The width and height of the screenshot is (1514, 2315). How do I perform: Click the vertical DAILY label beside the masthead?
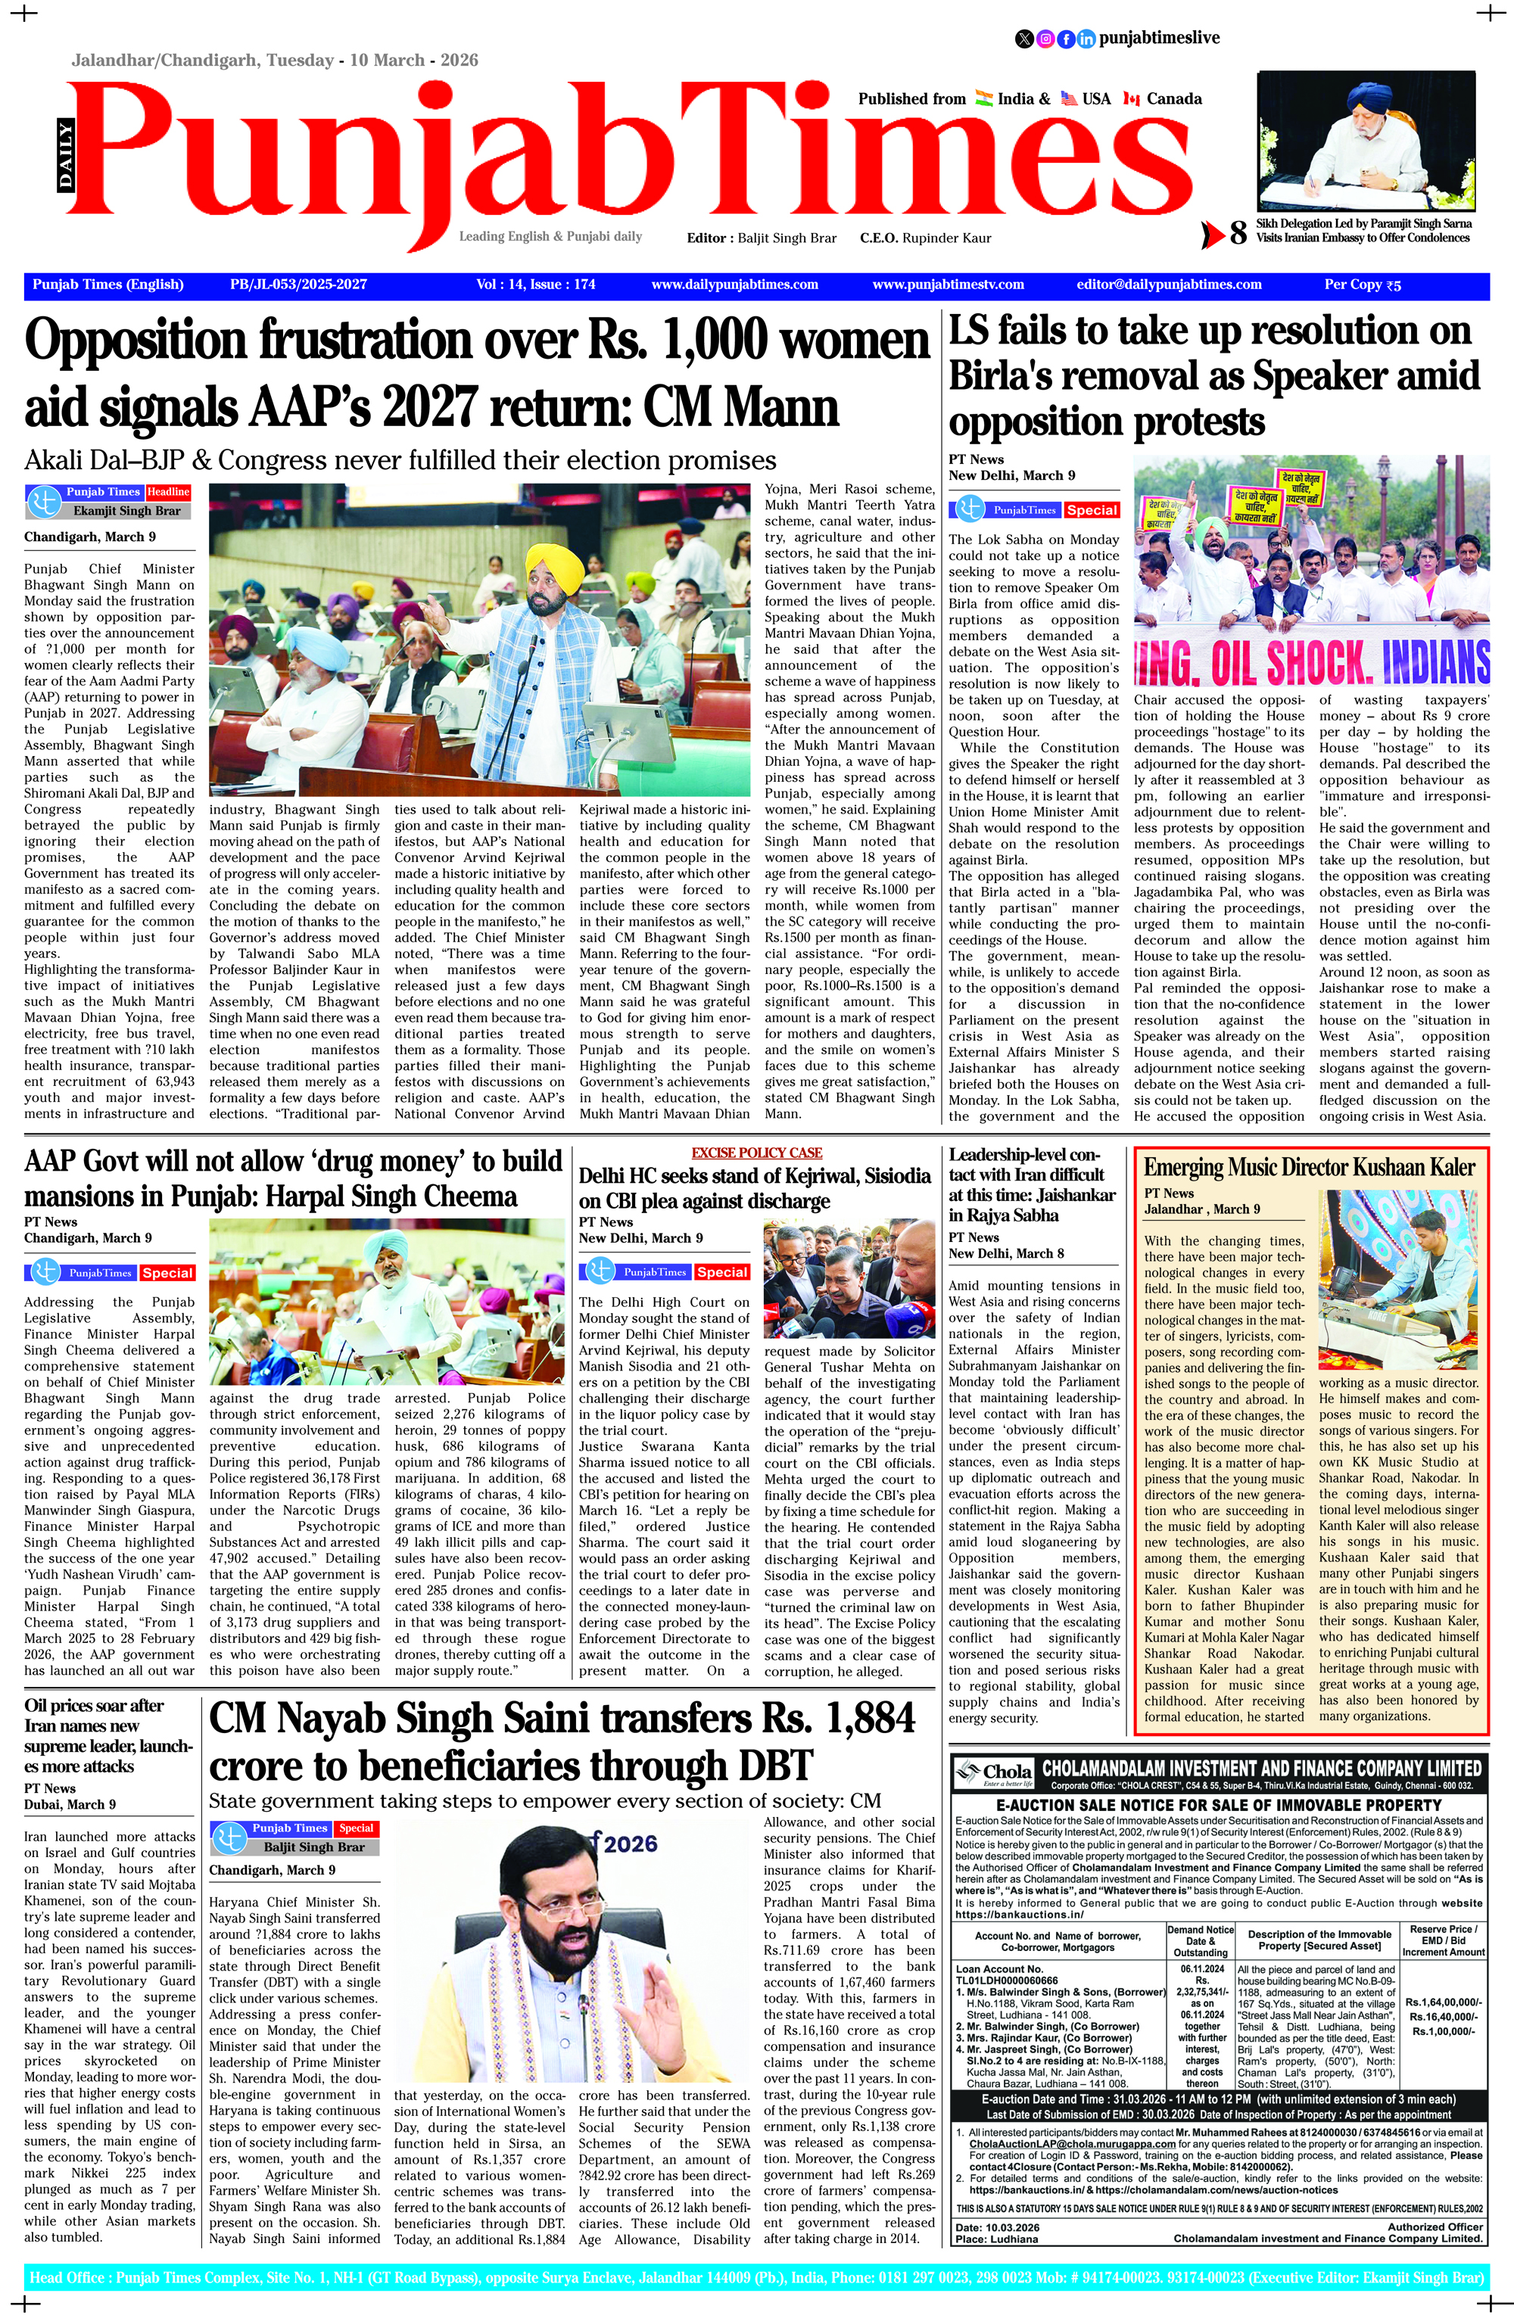65,156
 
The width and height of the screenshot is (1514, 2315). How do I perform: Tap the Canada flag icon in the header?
1131,98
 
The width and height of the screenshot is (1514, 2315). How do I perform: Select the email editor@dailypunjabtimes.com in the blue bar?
1169,285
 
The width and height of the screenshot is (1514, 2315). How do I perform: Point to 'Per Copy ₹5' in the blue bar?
1362,285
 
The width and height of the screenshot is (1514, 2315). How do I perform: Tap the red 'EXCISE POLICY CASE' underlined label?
757,1153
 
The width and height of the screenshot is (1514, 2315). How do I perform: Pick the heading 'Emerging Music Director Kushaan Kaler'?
1309,1167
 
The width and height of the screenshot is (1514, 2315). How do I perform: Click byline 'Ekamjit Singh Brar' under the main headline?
126,511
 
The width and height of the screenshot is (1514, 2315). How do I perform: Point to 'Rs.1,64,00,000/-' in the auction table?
1442,2001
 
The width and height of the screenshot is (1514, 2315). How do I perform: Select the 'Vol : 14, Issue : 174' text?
535,285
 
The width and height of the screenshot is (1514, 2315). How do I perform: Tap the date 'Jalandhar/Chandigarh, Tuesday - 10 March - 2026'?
274,61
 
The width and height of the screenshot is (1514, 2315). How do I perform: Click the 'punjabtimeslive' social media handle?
1159,38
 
